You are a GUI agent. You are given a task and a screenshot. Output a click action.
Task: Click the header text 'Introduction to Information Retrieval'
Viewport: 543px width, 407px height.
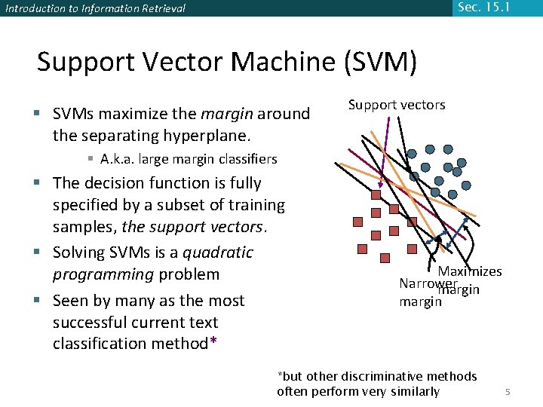[x=95, y=9]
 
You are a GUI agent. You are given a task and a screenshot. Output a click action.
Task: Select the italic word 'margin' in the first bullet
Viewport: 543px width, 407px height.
[x=227, y=114]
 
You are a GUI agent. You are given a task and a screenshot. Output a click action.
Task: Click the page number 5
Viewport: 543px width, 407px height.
[x=508, y=392]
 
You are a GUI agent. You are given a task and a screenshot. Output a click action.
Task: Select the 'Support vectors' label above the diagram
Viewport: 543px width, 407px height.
[x=397, y=105]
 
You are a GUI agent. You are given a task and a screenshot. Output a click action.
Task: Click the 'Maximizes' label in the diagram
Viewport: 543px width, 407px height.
[x=470, y=271]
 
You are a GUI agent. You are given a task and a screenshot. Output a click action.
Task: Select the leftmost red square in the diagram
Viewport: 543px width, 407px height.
[x=359, y=222]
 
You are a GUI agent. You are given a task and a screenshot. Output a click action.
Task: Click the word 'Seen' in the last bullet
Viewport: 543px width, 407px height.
[x=70, y=301]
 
